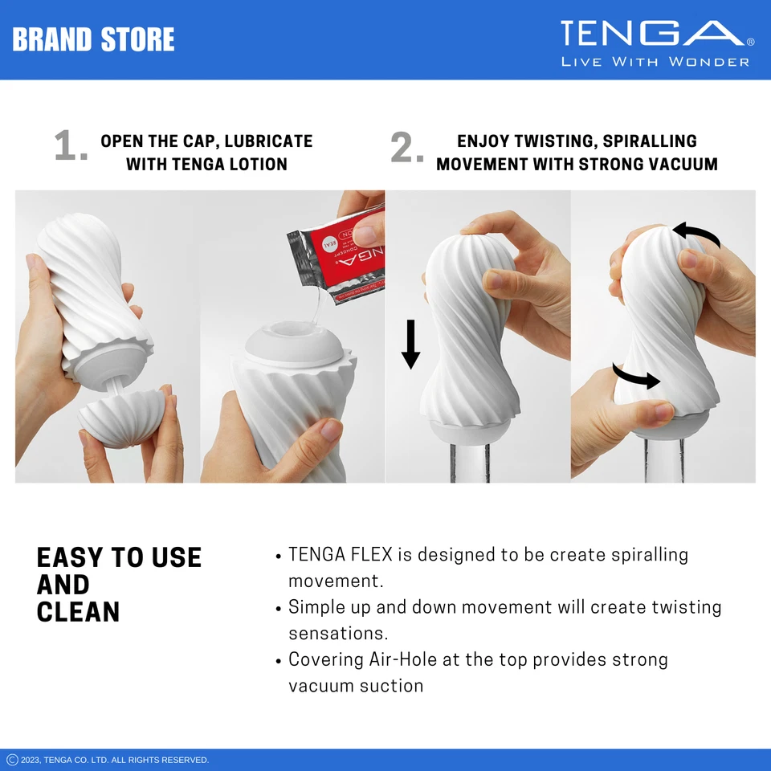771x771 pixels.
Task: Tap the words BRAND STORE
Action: (93, 39)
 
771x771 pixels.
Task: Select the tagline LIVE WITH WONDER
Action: (655, 62)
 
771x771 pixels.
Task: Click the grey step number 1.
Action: (70, 147)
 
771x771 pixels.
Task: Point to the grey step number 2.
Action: (406, 148)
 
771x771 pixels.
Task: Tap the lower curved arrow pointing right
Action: (636, 377)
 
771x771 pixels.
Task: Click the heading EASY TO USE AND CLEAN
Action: (119, 585)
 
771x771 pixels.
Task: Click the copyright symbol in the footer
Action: (12, 760)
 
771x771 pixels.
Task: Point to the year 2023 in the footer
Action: (31, 760)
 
